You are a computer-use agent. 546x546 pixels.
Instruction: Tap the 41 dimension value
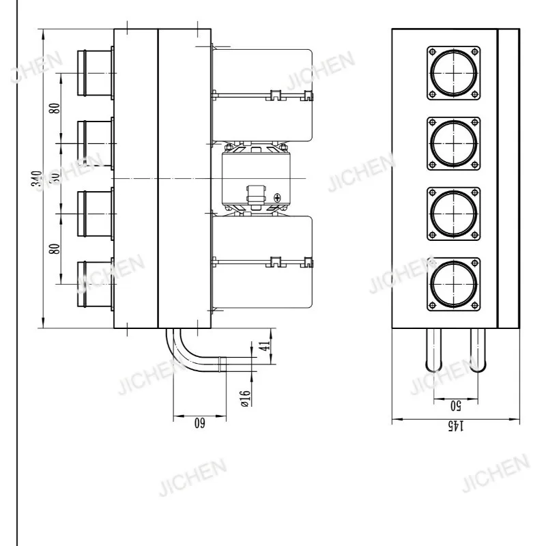tap(268, 345)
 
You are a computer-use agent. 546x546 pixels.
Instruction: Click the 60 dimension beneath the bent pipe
tap(199, 423)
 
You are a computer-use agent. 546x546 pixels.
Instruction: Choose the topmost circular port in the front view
tap(453, 72)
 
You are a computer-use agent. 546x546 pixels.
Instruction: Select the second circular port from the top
tap(453, 144)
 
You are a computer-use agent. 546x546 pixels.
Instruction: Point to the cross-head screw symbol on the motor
tap(277, 198)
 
